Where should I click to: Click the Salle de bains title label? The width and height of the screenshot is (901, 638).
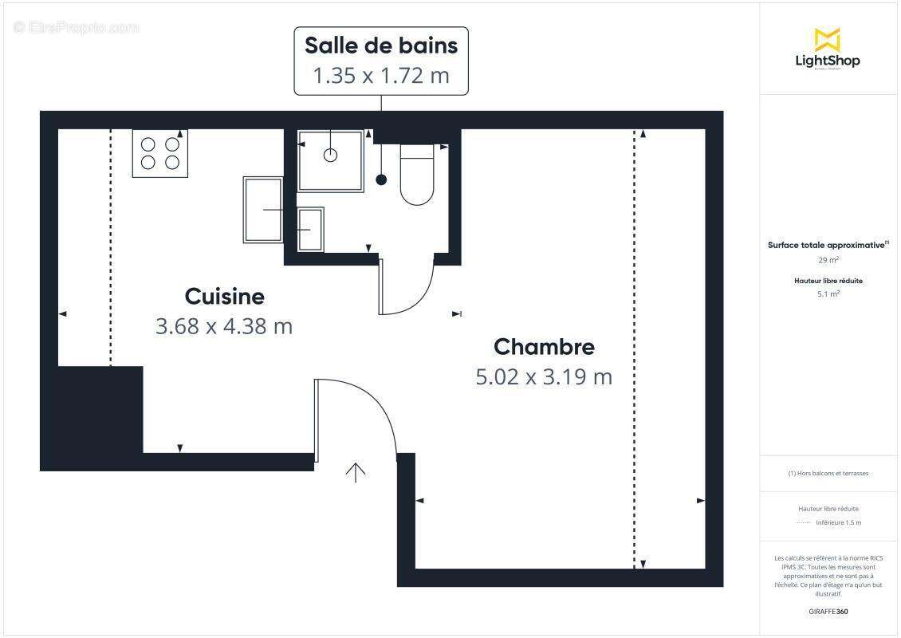tap(381, 45)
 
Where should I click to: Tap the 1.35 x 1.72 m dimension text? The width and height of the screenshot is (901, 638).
tap(381, 76)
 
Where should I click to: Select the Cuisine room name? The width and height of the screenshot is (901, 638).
tap(224, 297)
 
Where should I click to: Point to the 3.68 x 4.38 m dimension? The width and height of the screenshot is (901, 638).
tap(224, 326)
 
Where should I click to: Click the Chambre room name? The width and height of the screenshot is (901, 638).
tap(544, 347)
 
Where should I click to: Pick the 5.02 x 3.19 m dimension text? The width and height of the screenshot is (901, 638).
tap(544, 376)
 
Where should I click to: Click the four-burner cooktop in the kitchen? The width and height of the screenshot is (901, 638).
tap(160, 153)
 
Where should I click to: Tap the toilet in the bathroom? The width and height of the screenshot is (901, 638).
tap(416, 175)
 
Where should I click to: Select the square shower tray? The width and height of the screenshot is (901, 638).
tap(331, 160)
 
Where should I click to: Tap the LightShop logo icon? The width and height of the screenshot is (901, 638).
tap(827, 40)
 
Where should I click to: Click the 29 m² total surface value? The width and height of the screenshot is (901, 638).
tap(828, 260)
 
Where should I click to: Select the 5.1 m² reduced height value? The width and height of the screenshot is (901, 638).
tap(828, 294)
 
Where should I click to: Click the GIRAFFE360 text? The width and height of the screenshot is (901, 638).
tap(828, 612)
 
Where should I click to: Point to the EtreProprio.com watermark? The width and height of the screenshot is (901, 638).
tap(77, 28)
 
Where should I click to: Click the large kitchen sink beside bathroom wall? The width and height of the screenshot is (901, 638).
tap(263, 210)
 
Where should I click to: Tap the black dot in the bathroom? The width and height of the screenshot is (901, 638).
tap(381, 180)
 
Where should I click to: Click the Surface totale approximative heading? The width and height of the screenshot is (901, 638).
tap(827, 246)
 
